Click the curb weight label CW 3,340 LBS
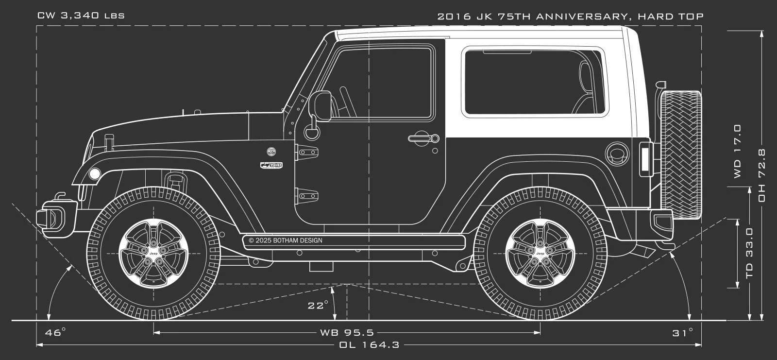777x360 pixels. pyautogui.click(x=81, y=16)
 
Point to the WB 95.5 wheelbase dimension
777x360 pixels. pyautogui.click(x=347, y=333)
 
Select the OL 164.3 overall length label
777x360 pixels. pyautogui.click(x=369, y=345)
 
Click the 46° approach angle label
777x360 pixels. pyautogui.click(x=55, y=332)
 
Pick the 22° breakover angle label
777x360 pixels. pyautogui.click(x=318, y=306)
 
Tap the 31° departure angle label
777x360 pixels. pyautogui.click(x=683, y=333)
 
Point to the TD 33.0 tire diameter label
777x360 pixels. pyautogui.click(x=749, y=253)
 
